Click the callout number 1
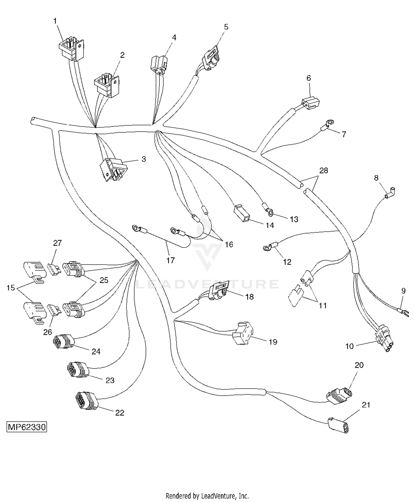55,21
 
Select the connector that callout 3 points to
113,169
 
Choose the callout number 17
171,260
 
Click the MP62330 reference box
27,427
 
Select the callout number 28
324,170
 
